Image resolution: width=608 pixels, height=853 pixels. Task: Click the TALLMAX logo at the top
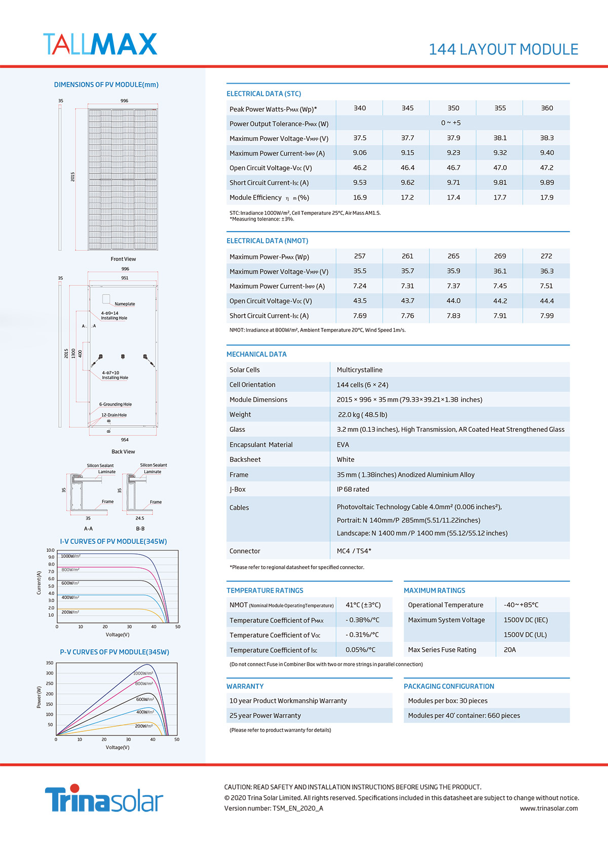point(100,44)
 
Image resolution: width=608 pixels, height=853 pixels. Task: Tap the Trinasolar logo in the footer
point(104,798)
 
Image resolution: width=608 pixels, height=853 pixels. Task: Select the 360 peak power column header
point(547,108)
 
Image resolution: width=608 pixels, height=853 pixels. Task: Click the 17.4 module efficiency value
point(453,197)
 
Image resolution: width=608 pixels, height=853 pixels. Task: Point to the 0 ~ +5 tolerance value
point(451,123)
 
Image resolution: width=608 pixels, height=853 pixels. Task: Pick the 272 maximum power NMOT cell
point(546,256)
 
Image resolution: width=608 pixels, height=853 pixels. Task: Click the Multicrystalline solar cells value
point(359,370)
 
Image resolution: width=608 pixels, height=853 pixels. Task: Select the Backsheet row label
point(245,460)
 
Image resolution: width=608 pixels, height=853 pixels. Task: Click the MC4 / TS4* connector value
point(354,551)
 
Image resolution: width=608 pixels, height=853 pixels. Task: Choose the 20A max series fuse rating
point(510,650)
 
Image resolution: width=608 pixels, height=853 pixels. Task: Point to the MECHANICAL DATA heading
point(256,354)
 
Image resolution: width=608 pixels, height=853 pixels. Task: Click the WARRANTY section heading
point(245,686)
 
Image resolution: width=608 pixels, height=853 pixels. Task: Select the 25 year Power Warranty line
point(265,716)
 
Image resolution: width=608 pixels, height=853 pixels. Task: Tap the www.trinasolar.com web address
point(549,808)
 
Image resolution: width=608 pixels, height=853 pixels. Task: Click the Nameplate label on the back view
point(125,304)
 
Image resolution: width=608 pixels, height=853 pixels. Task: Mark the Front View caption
point(123,259)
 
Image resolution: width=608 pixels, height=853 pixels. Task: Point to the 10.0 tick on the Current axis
point(51,550)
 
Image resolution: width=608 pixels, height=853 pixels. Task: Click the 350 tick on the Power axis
point(50,663)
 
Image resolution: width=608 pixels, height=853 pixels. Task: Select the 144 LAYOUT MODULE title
point(503,50)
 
